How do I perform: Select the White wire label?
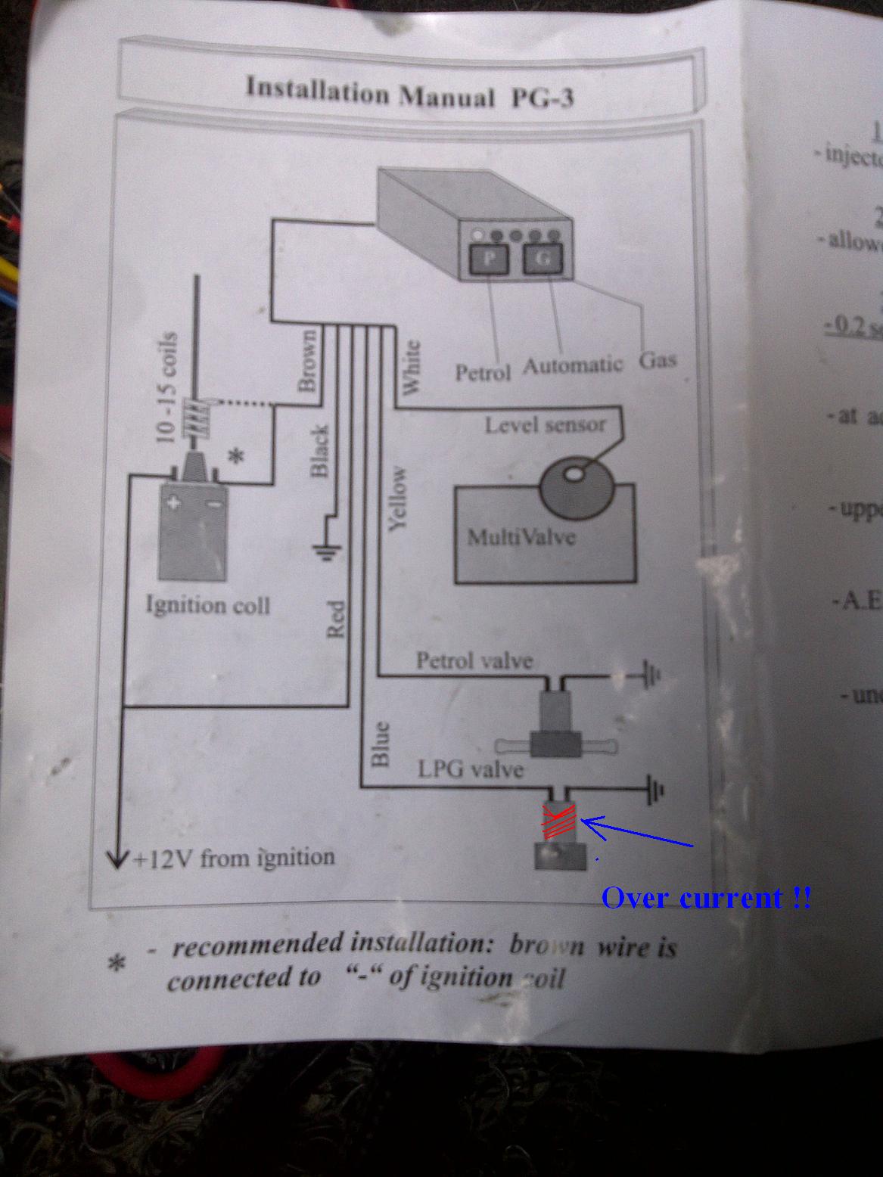point(411,366)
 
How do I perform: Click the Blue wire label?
point(380,744)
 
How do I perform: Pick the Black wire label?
point(320,451)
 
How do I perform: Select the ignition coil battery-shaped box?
point(191,531)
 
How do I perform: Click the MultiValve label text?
point(521,537)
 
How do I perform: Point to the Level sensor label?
point(545,424)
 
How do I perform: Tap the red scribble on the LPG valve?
point(558,822)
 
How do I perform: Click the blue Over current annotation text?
point(705,898)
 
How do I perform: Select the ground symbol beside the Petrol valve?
point(651,674)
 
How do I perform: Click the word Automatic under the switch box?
point(572,365)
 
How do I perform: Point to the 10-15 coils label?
point(167,387)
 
